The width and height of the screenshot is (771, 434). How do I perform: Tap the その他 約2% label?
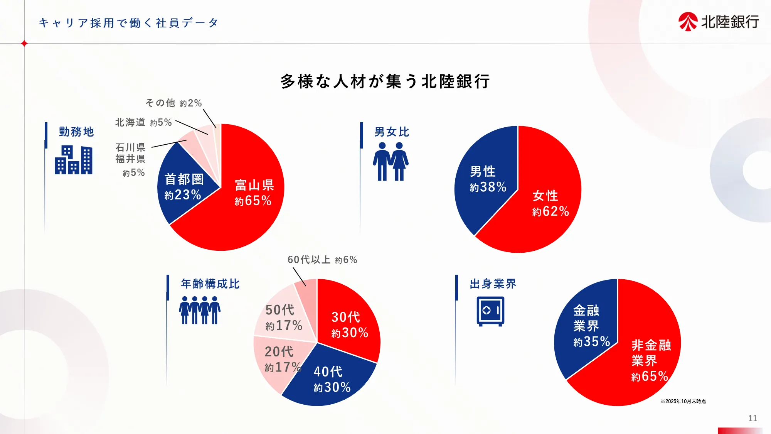173,103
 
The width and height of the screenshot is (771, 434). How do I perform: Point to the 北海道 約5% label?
143,122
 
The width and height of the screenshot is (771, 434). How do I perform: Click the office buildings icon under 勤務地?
74,160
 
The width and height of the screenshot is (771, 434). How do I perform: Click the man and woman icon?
391,161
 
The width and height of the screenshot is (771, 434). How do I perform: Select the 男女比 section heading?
392,132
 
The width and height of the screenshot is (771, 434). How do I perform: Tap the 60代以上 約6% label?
322,260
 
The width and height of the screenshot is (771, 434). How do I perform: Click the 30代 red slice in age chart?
347,320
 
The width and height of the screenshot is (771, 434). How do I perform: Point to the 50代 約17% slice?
283,316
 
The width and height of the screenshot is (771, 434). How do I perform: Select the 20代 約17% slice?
279,359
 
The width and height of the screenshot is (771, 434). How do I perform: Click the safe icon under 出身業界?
490,311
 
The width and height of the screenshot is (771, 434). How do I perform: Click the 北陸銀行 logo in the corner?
719,22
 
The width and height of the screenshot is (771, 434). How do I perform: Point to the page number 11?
752,418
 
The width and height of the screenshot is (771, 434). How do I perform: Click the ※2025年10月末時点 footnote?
683,401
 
